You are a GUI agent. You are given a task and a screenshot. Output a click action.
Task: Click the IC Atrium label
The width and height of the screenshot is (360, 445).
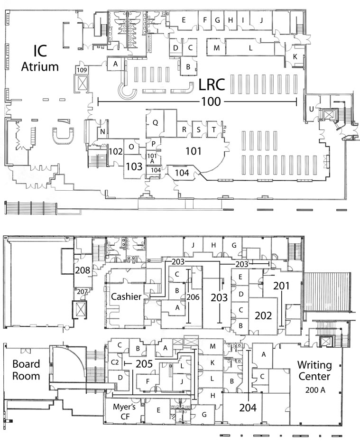click(40, 58)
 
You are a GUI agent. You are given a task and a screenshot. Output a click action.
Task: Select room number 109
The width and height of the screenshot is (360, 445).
click(82, 70)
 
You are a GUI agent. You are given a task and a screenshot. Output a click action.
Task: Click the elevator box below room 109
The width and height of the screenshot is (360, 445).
click(82, 83)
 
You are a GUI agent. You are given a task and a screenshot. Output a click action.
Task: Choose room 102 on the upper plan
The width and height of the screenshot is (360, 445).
click(116, 152)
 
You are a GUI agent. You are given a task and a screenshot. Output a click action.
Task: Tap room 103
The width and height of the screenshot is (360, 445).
click(134, 166)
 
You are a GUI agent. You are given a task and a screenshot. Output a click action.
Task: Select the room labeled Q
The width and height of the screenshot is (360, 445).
click(155, 122)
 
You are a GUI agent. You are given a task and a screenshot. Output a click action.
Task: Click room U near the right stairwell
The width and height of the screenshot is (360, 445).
click(311, 110)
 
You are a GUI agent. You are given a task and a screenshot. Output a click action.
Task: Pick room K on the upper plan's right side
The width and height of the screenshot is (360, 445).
click(295, 56)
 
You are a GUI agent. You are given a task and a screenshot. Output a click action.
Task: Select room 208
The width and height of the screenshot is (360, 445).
click(82, 270)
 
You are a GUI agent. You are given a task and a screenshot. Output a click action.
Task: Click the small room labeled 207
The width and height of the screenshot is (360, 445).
click(82, 291)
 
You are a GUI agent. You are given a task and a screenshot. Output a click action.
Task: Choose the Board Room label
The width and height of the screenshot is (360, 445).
click(25, 371)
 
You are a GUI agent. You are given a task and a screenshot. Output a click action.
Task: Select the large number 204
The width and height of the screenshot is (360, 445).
click(248, 407)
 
